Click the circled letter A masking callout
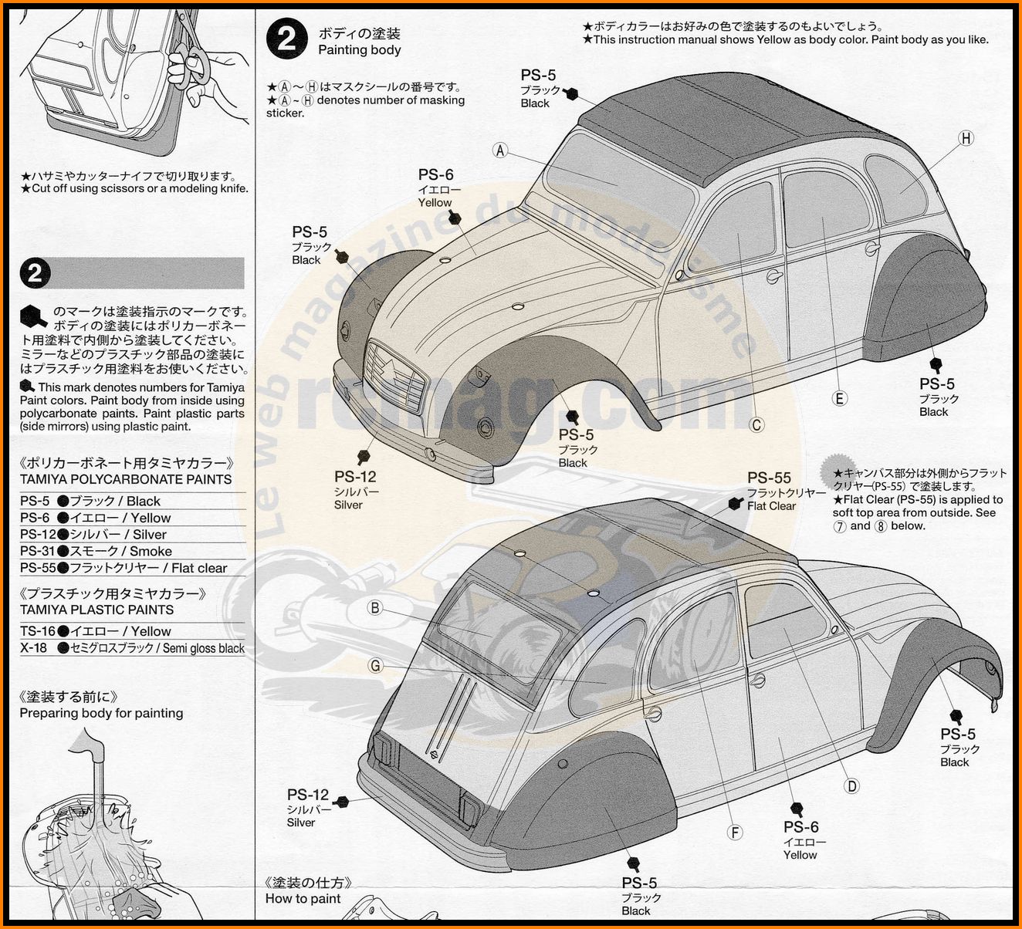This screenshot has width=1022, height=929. [x=500, y=150]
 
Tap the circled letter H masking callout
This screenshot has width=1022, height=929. [x=966, y=138]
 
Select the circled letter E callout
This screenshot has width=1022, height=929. [x=840, y=398]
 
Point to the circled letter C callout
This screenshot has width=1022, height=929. [x=756, y=425]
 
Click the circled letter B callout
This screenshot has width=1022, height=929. [x=375, y=607]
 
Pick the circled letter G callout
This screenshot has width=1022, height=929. [x=375, y=665]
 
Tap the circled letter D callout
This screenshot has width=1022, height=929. [x=851, y=786]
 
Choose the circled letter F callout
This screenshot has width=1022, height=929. [x=735, y=833]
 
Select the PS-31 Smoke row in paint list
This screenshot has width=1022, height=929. [x=96, y=551]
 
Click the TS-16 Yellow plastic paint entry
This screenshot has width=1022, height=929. [x=95, y=631]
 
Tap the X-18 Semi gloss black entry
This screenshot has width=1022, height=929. [x=132, y=648]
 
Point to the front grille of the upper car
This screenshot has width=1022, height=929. [x=395, y=374]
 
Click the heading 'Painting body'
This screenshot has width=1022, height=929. [x=359, y=50]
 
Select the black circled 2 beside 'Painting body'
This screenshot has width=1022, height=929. [x=287, y=39]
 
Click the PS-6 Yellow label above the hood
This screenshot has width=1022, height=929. [x=436, y=188]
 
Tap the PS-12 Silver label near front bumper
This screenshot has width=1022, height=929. [x=355, y=490]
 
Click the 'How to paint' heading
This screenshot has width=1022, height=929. [x=303, y=898]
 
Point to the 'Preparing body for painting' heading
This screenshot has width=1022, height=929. [x=101, y=713]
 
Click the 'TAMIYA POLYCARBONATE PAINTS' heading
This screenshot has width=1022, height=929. [x=125, y=479]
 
